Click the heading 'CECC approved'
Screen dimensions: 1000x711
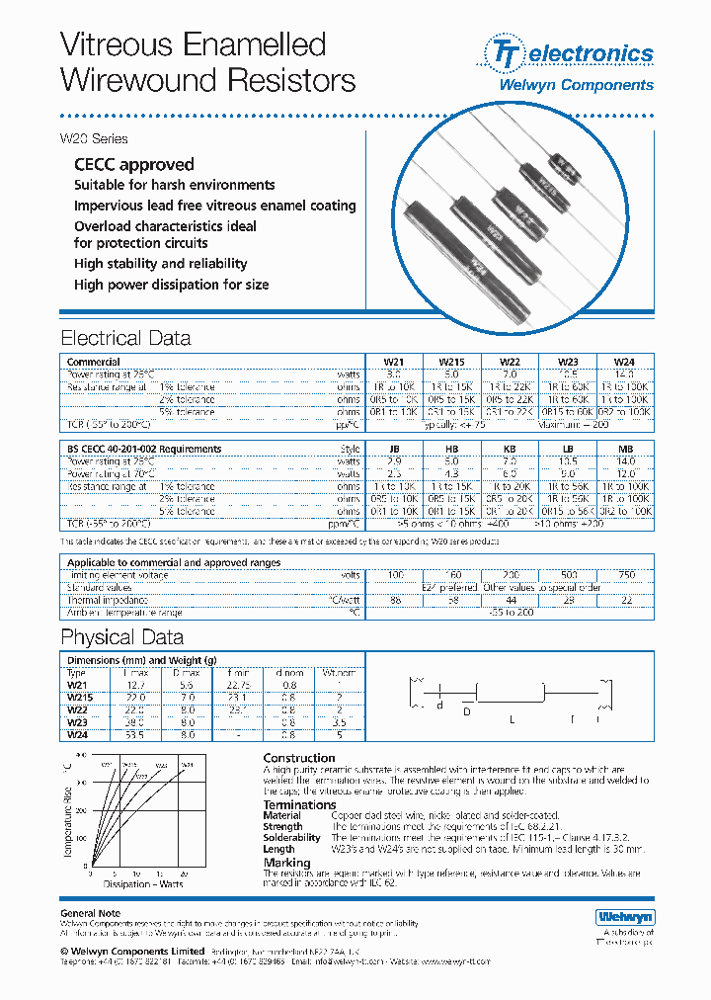133,164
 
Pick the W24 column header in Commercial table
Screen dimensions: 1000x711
625,363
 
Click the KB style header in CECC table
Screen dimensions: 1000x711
510,450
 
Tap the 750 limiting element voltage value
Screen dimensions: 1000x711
625,575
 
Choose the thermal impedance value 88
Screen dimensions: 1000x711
394,600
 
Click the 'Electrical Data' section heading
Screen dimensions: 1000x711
125,338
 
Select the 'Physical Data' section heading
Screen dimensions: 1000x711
121,637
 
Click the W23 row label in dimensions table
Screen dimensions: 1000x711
77,722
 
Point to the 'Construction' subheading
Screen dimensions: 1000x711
298,758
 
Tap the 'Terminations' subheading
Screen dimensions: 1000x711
299,804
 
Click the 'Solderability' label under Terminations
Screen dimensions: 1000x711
291,837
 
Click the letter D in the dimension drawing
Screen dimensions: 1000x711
467,711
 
